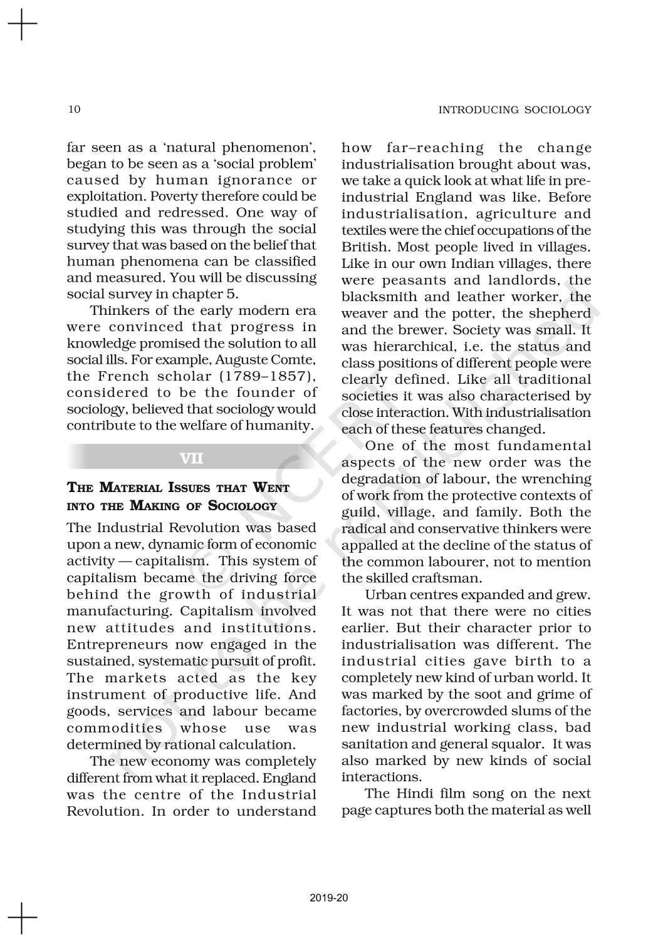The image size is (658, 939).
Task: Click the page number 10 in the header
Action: coord(74,110)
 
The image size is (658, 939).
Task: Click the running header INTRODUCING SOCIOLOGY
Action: coord(514,110)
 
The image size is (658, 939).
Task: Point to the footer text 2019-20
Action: coord(328,898)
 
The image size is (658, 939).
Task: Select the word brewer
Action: coord(426,330)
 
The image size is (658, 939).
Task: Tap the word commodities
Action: coord(114,728)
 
